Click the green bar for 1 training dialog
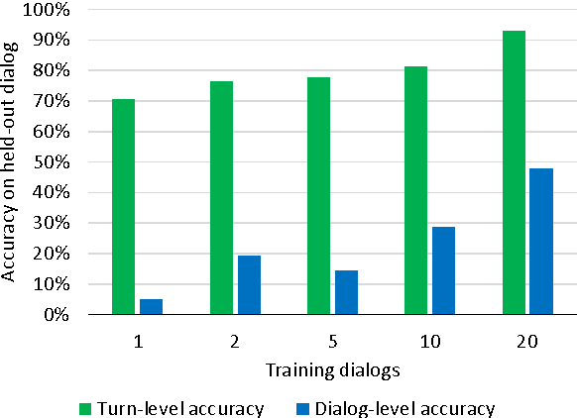(124, 207)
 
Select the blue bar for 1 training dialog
(151, 307)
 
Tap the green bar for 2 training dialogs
(221, 198)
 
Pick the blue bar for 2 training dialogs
(249, 285)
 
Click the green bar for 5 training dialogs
(319, 196)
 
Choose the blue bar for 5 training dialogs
(346, 292)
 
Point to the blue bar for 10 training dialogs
(443, 270)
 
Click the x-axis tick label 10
(430, 342)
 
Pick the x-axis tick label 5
(332, 342)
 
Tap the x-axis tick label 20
(527, 342)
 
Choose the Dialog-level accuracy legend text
(420, 406)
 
